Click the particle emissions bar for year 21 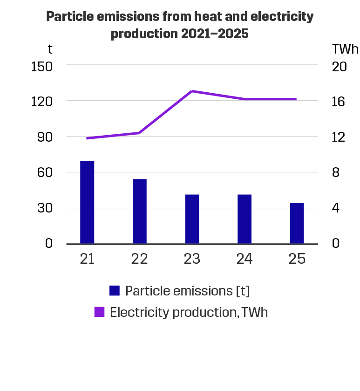[87, 202]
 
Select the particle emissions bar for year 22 [140, 211]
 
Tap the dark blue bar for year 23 [192, 219]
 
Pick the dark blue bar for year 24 [245, 219]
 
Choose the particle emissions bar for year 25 [297, 223]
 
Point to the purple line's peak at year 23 [192, 91]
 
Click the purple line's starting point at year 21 [88, 138]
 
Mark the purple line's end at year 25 [296, 99]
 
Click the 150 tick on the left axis [41, 66]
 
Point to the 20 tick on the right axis [339, 66]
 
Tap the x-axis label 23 [192, 259]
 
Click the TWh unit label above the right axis [345, 48]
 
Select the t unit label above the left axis [50, 48]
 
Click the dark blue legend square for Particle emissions [115, 291]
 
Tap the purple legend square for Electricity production [99, 312]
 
